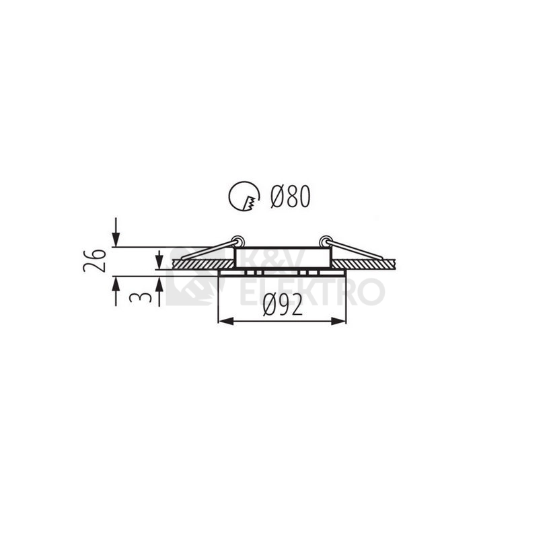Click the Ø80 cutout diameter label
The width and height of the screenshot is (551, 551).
pyautogui.click(x=291, y=196)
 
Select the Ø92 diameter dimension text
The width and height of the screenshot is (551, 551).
pyautogui.click(x=283, y=305)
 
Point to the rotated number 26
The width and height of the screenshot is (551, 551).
pyautogui.click(x=95, y=260)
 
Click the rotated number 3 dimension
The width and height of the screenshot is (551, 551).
pyautogui.click(x=141, y=297)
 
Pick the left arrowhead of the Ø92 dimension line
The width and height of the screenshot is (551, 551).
pyautogui.click(x=225, y=320)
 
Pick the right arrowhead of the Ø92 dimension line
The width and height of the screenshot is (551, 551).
pyautogui.click(x=339, y=320)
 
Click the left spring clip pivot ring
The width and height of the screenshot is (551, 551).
pyautogui.click(x=238, y=241)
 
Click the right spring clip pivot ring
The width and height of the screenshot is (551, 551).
pyautogui.click(x=326, y=241)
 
